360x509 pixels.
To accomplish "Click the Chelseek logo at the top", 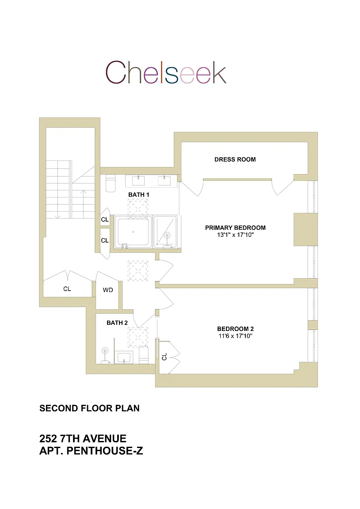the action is [166, 72].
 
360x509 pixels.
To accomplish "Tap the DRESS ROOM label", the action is [235, 160].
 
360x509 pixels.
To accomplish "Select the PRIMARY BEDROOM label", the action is [235, 228].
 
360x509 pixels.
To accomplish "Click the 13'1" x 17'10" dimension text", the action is [235, 235].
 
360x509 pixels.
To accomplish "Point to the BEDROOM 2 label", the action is [235, 329].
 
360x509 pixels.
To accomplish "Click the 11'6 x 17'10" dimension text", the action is [235, 336].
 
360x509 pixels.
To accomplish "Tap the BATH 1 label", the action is [139, 194].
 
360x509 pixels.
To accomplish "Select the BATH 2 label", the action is [117, 323].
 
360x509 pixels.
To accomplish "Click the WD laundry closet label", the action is [108, 290].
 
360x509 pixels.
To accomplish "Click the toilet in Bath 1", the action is [110, 184].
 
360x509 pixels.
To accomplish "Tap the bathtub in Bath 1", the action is [133, 232].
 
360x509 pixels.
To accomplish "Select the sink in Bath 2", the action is [124, 357].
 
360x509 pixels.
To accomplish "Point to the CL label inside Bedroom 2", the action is [165, 357].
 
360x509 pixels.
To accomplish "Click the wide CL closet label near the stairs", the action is [67, 289].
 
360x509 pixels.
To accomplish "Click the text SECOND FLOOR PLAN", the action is [89, 408].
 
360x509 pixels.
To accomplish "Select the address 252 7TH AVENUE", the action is [83, 439].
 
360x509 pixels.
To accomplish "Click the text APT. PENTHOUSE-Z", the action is [91, 451].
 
